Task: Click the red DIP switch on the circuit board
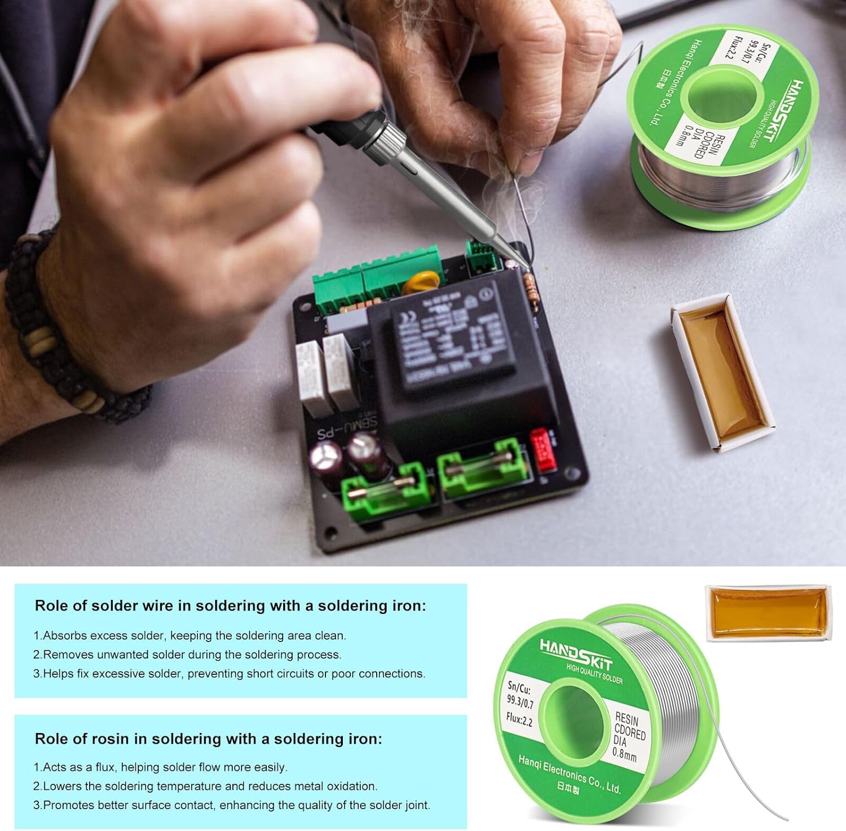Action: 543,450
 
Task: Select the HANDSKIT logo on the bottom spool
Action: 575,655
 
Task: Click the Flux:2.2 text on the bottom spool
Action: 519,719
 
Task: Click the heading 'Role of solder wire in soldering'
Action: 230,606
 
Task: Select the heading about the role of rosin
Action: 208,739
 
